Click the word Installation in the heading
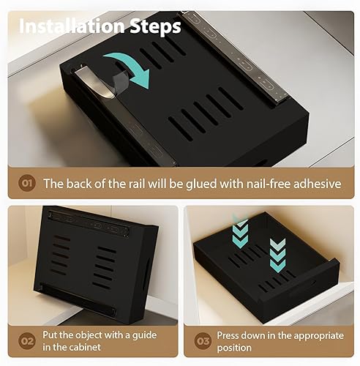click(72, 26)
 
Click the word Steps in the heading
click(155, 27)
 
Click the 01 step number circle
click(27, 183)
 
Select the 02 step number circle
click(27, 341)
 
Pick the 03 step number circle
click(203, 341)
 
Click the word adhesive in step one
click(317, 184)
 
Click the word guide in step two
click(144, 335)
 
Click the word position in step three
click(234, 348)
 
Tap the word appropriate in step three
click(319, 336)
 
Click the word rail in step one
click(138, 184)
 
